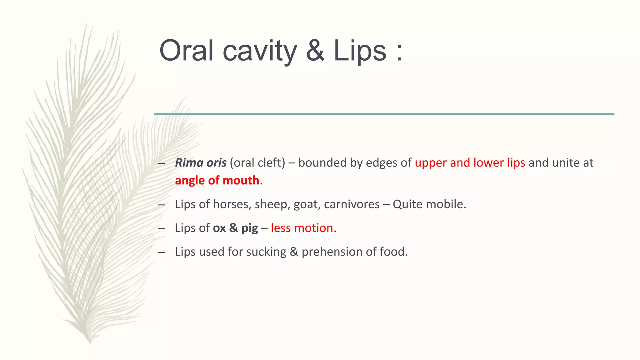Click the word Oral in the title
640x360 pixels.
(186, 51)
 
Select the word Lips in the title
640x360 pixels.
(360, 51)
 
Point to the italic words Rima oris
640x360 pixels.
(201, 163)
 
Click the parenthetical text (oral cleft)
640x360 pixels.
(257, 163)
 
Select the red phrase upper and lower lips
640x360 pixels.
(470, 163)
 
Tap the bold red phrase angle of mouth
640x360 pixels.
(217, 181)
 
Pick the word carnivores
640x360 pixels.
(352, 204)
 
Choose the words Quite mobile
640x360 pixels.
(429, 204)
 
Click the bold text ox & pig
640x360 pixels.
(235, 228)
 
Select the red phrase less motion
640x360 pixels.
(302, 228)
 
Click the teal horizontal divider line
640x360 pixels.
(384, 114)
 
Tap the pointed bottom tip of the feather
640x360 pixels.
(90, 342)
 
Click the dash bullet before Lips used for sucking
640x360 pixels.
(162, 252)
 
